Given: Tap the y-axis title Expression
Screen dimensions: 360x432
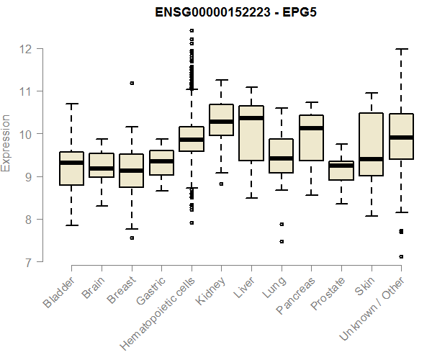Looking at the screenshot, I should [6, 142].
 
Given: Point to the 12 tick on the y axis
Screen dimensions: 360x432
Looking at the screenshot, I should [27, 49].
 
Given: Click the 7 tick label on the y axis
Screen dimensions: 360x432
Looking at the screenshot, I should [27, 262].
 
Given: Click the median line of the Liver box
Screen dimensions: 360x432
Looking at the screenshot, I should [251, 118].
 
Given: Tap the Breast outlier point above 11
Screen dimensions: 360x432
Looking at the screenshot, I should [131, 83].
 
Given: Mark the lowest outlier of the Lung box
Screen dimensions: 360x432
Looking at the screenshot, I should [282, 241].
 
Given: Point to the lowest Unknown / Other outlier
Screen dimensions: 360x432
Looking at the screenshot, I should [401, 256].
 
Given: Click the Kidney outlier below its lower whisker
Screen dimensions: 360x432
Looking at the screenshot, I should [221, 184].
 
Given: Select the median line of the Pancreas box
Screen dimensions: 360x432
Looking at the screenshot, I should [311, 128].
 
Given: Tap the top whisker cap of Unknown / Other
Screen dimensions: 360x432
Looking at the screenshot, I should [402, 49].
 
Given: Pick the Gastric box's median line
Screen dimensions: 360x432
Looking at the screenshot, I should [161, 161].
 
